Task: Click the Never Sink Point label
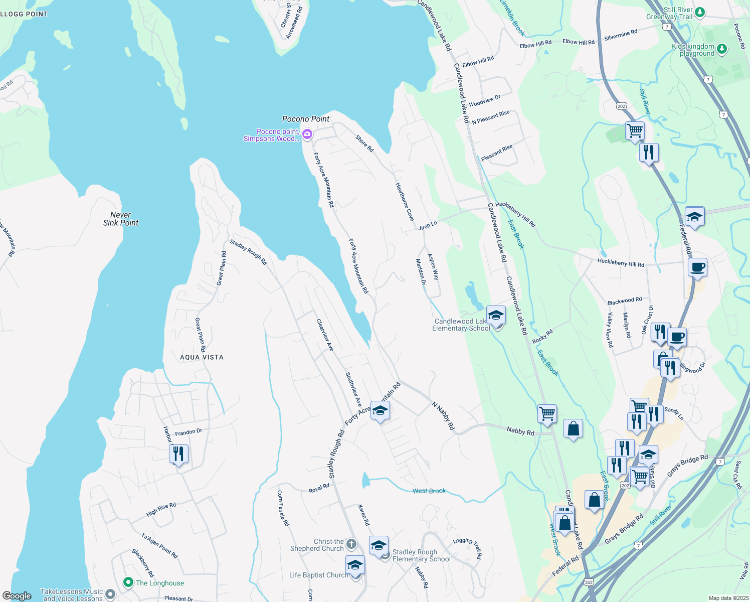click(121, 219)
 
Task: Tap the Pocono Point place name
click(306, 119)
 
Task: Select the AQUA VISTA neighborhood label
click(202, 357)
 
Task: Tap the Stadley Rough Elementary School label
click(421, 555)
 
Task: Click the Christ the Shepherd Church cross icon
click(351, 544)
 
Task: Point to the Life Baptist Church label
click(318, 575)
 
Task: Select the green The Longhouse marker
click(128, 582)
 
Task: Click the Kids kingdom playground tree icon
click(721, 49)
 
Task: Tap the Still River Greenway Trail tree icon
click(700, 12)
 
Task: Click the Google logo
click(17, 596)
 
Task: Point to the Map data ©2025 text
click(728, 598)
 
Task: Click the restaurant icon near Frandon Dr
click(178, 454)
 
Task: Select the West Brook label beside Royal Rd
click(429, 491)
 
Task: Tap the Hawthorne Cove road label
click(405, 202)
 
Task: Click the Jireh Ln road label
click(428, 226)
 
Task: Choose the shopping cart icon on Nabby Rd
click(547, 414)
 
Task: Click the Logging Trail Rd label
click(468, 548)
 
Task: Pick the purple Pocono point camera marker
click(307, 134)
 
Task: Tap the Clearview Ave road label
click(325, 335)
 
